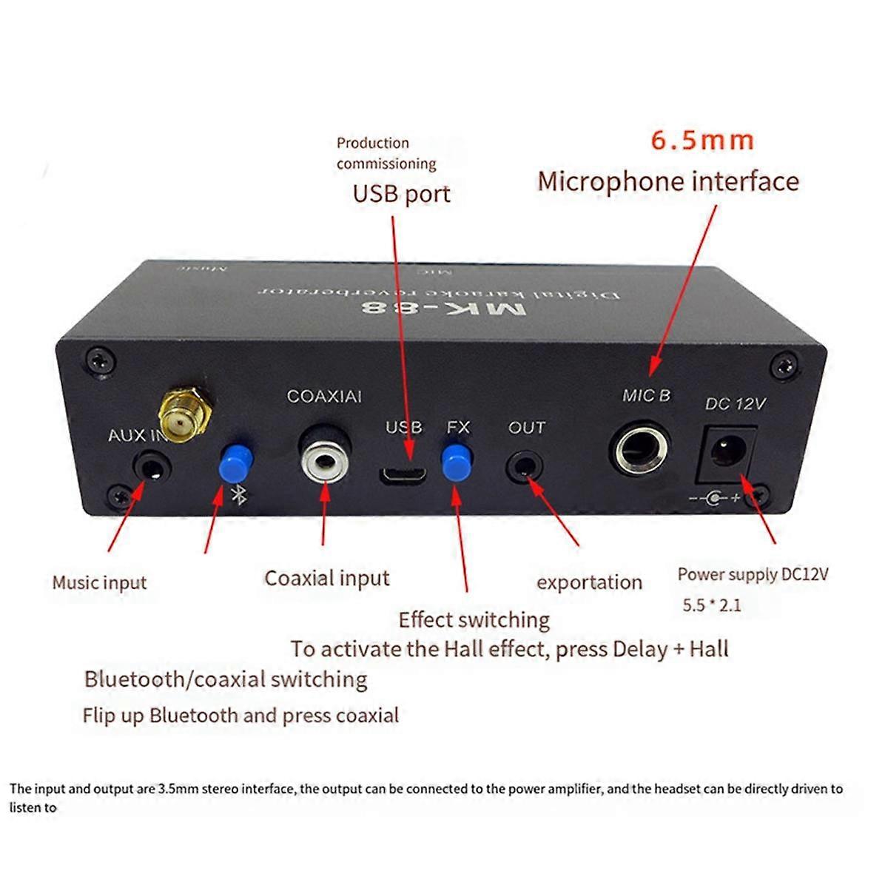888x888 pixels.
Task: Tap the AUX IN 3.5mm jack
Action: (x=152, y=468)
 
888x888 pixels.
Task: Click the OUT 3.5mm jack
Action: (x=525, y=467)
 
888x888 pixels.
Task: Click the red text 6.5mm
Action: (x=702, y=141)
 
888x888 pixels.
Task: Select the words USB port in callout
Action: (x=401, y=194)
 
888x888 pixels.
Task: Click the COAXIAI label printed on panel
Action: (x=324, y=397)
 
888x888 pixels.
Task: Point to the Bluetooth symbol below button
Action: (x=238, y=495)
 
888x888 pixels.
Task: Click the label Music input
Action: (x=99, y=582)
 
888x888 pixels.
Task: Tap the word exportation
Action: (x=589, y=582)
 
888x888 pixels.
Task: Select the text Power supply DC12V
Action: (x=753, y=574)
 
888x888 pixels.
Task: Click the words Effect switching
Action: (x=474, y=619)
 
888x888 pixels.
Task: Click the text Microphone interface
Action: (x=668, y=181)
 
